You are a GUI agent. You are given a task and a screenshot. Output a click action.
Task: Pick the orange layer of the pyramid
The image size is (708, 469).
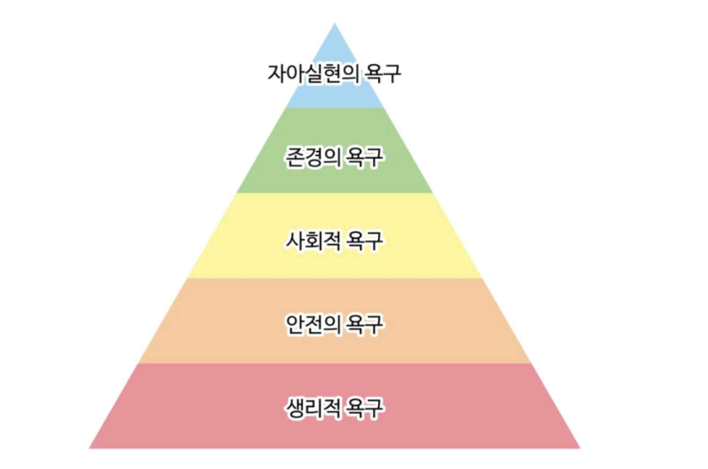click(334, 348)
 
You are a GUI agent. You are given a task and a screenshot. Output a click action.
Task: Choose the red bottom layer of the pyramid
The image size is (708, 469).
click(334, 432)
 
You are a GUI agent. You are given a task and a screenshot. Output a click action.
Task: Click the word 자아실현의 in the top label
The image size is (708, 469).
click(313, 74)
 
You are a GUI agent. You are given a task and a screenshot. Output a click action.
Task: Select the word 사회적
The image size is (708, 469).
click(313, 241)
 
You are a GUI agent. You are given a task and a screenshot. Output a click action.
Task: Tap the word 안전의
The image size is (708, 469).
click(313, 325)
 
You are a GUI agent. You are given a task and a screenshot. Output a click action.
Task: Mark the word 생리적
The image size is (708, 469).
click(313, 408)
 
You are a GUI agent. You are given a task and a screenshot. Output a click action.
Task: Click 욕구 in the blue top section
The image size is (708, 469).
click(383, 74)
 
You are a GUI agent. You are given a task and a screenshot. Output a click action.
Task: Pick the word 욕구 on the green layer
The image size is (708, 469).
click(365, 158)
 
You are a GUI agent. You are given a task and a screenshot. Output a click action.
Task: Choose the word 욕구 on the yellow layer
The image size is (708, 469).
click(365, 241)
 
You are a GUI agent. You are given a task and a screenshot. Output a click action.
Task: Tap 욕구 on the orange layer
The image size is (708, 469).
click(365, 325)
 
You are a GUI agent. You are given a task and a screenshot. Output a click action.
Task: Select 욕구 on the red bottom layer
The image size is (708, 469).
click(365, 408)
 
